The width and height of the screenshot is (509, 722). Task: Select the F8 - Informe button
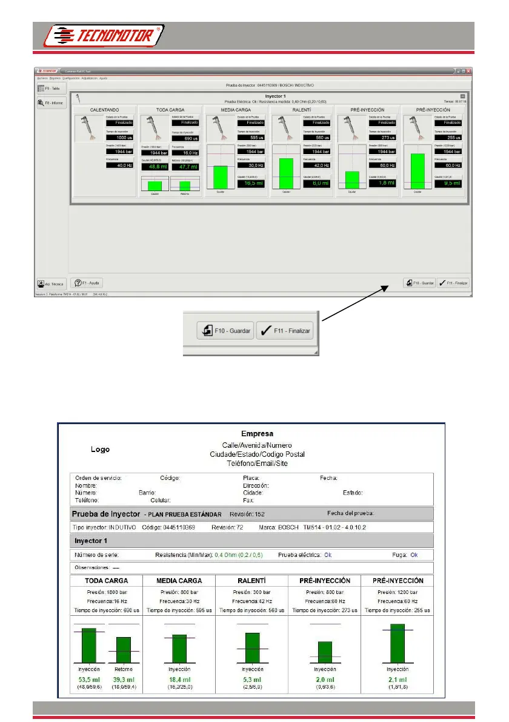[51, 103]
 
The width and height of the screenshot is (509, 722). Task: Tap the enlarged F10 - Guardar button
[224, 331]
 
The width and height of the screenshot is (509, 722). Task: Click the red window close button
[468, 71]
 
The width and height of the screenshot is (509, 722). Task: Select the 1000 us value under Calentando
[119, 138]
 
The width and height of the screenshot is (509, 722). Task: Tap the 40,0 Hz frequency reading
[119, 165]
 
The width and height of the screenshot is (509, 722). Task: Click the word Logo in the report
[100, 450]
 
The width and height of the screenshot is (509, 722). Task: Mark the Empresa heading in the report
[258, 434]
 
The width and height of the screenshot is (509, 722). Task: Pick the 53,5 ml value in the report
[88, 680]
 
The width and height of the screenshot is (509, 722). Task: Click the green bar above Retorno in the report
[123, 649]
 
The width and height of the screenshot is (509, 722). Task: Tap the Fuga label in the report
[399, 555]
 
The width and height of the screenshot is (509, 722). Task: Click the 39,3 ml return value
[123, 680]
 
